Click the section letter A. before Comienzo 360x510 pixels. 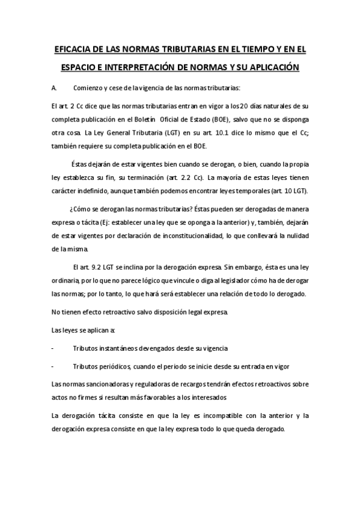point(55,88)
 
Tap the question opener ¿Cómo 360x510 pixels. point(81,210)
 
